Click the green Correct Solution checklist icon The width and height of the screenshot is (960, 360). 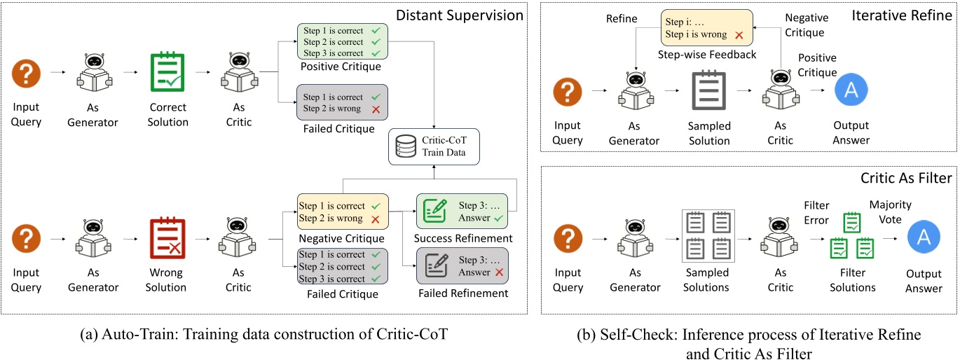(167, 73)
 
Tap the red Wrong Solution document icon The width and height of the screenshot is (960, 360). (167, 238)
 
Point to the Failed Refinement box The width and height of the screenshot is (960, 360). (463, 265)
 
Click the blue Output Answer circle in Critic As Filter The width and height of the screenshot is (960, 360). (924, 238)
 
